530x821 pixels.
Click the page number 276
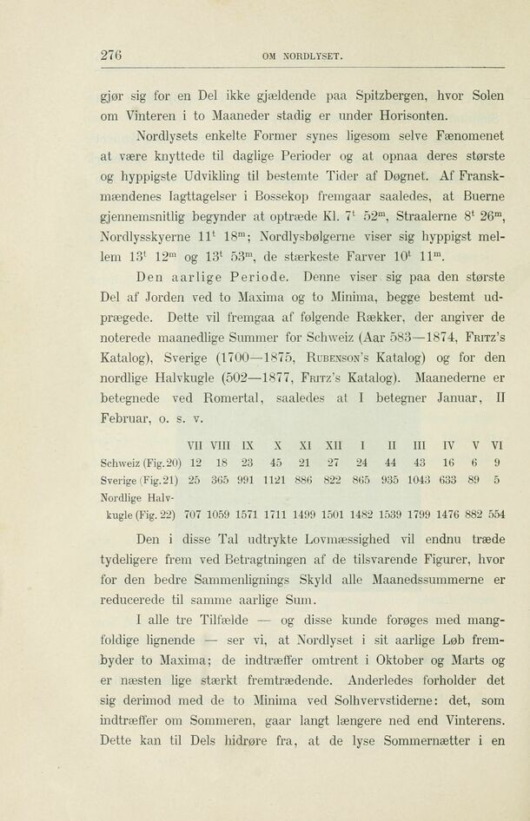(x=110, y=56)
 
